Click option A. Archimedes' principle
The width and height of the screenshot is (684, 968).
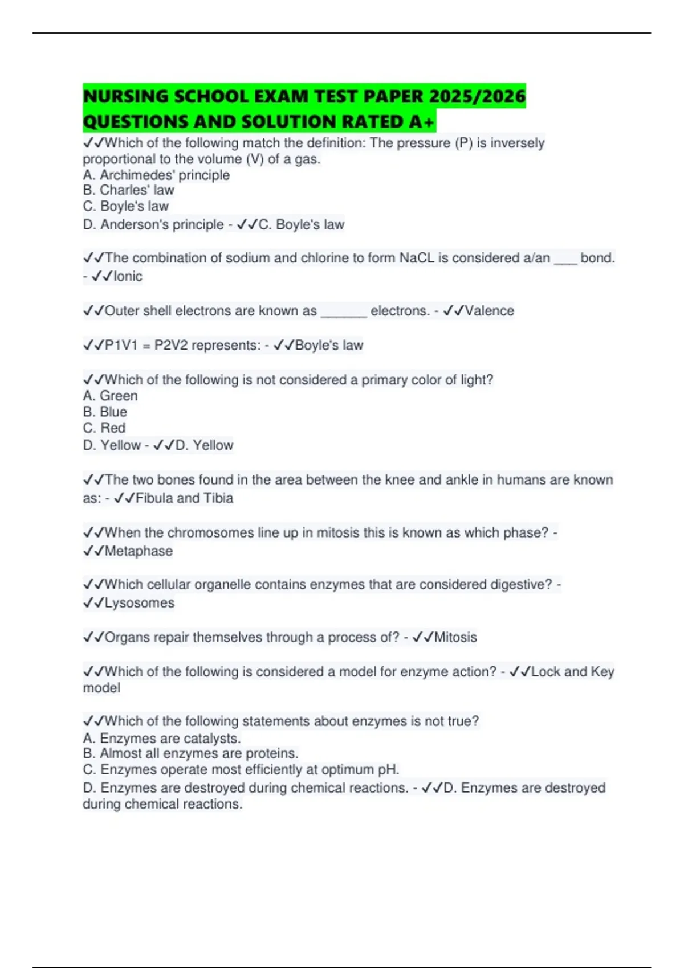156,175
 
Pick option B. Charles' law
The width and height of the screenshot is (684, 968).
128,190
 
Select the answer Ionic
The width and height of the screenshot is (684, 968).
128,276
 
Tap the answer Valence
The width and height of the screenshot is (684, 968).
489,311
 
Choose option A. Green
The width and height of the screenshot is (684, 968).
110,396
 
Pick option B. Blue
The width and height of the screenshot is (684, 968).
105,412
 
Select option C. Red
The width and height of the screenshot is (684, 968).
104,428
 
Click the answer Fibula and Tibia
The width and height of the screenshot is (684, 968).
184,498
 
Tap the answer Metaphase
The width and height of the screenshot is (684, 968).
139,551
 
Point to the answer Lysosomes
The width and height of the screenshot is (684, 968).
140,603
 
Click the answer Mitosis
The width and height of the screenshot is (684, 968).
455,637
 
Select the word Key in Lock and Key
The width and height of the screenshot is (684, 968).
602,672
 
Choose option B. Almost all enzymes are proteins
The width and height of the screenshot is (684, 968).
190,753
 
